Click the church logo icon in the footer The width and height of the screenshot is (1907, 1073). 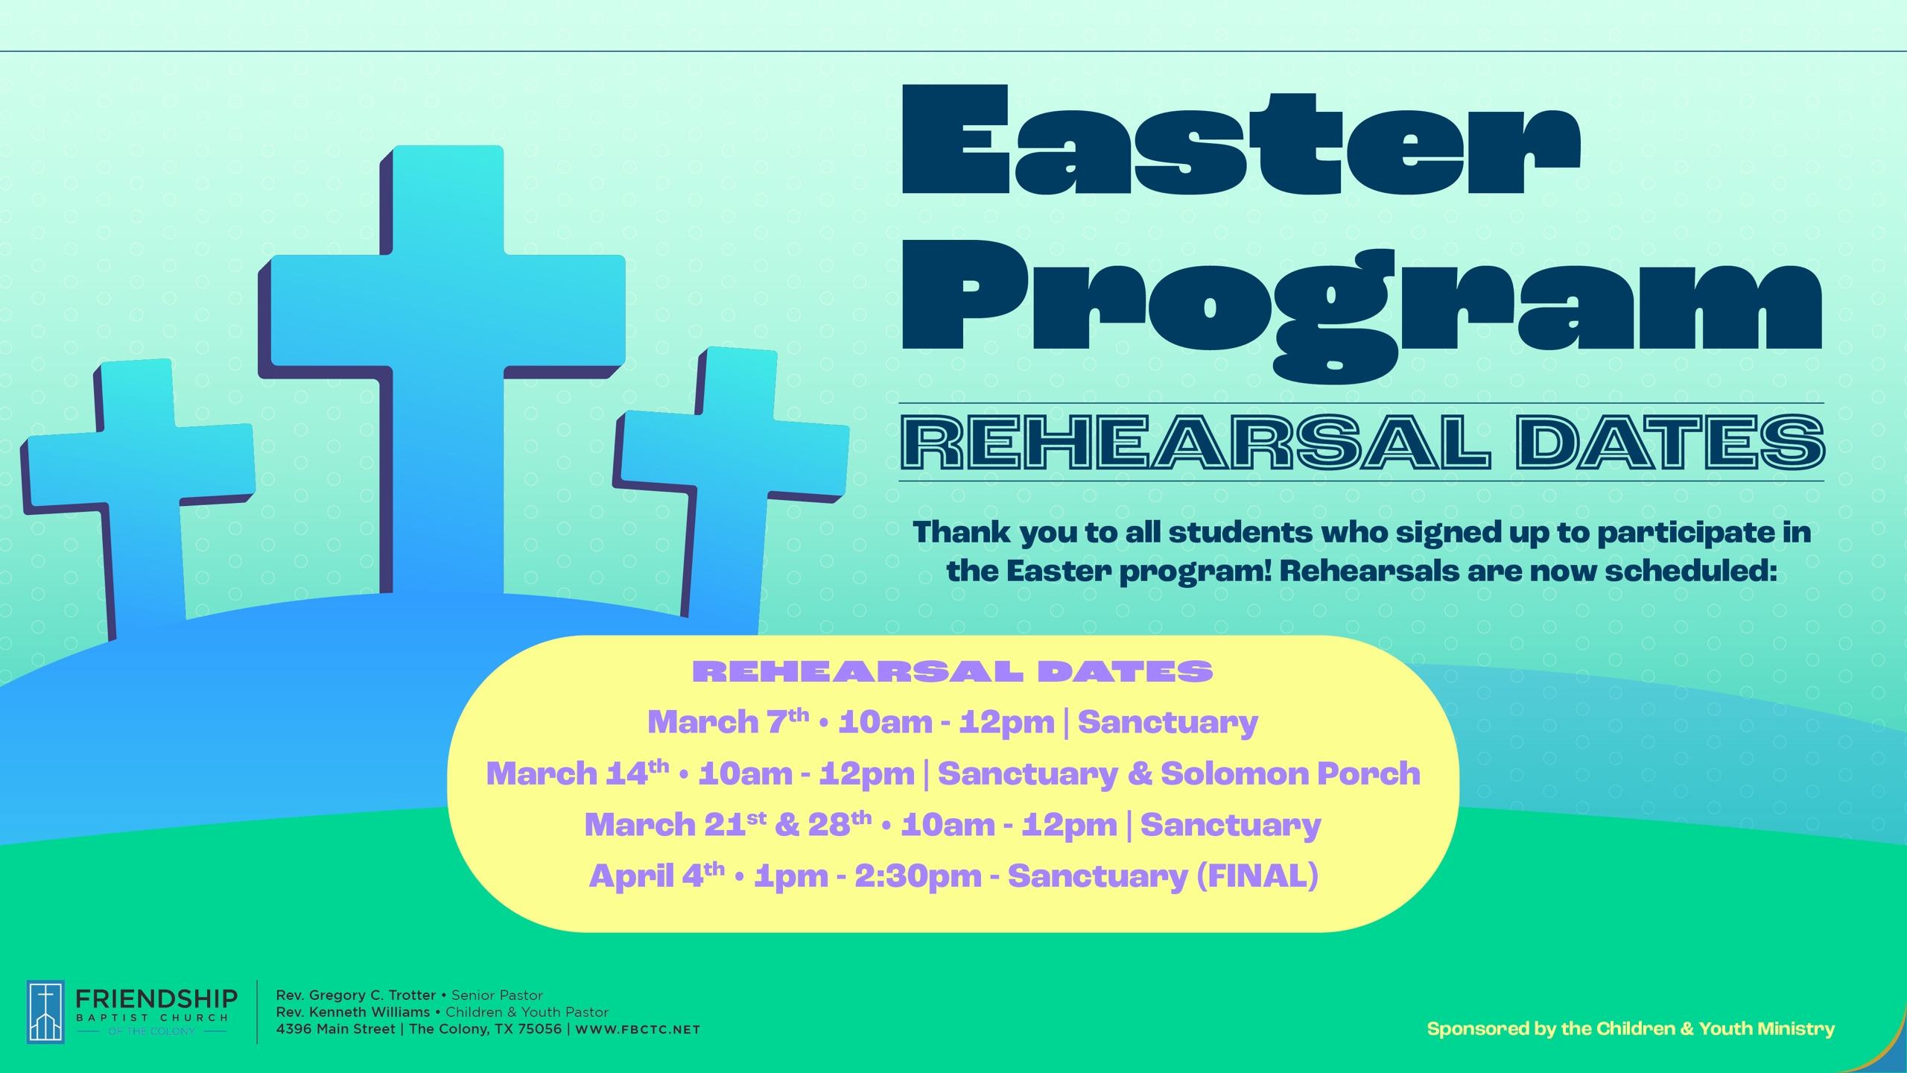click(x=45, y=1011)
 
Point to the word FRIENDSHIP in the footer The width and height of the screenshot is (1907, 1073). click(x=156, y=998)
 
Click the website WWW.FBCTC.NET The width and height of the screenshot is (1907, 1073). click(x=638, y=1030)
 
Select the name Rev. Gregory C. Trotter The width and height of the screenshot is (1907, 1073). click(x=356, y=996)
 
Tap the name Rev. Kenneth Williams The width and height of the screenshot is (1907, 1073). click(x=353, y=1012)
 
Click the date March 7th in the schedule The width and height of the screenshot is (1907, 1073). click(x=728, y=721)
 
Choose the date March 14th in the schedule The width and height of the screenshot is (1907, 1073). click(x=577, y=773)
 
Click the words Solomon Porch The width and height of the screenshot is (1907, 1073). click(x=1290, y=773)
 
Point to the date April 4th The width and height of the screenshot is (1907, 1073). click(x=656, y=875)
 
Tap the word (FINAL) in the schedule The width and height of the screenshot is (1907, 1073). click(x=1257, y=876)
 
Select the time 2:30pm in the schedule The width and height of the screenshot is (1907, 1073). click(x=918, y=876)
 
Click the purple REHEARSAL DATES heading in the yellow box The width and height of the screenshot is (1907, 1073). click(x=953, y=671)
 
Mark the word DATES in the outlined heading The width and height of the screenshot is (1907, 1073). click(x=1670, y=443)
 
